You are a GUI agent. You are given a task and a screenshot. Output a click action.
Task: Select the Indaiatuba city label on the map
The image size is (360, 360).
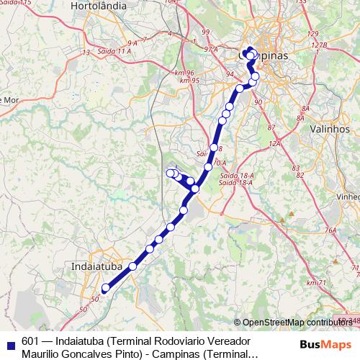click(97, 266)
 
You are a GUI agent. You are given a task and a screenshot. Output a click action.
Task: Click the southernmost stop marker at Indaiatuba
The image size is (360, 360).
click(105, 288)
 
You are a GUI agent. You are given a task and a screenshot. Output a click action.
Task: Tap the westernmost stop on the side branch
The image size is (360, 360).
click(171, 173)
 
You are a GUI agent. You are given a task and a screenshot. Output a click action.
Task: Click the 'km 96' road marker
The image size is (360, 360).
click(184, 72)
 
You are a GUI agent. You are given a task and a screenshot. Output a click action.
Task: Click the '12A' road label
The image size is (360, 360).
click(274, 144)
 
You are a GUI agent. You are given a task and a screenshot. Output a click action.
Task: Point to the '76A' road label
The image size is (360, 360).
click(330, 230)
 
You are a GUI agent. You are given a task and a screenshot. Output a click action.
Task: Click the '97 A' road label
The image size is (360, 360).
click(210, 49)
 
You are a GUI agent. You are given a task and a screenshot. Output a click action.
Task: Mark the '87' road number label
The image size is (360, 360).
click(271, 127)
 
